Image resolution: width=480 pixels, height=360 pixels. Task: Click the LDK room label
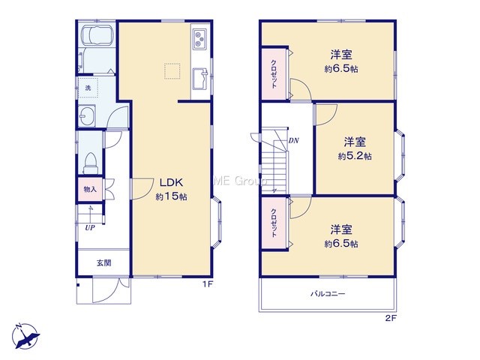(x=172, y=182)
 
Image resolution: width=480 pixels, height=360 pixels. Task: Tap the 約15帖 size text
(x=172, y=196)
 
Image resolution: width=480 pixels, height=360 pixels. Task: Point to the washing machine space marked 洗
(x=88, y=88)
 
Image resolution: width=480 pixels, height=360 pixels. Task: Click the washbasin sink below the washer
(x=87, y=115)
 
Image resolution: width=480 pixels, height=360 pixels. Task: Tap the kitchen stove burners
(x=199, y=39)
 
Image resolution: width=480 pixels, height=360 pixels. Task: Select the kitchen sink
(x=199, y=79)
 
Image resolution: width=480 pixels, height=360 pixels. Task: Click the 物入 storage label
(x=90, y=189)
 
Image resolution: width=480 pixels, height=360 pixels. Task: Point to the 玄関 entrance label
(x=104, y=262)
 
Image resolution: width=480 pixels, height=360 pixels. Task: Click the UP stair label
(x=90, y=228)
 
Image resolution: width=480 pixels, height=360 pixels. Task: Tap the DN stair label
(x=293, y=140)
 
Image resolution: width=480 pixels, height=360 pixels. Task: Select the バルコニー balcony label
(x=328, y=294)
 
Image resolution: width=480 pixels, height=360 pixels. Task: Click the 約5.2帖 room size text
(x=355, y=156)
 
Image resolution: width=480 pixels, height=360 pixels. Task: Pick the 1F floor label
(x=207, y=284)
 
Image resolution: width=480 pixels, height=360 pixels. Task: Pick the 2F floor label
(x=391, y=318)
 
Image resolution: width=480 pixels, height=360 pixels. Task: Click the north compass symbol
(x=25, y=336)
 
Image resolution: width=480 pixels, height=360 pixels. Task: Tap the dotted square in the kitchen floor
(x=172, y=71)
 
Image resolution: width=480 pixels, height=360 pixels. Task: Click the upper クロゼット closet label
(x=274, y=74)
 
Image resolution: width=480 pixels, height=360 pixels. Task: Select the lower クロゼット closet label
(x=274, y=223)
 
